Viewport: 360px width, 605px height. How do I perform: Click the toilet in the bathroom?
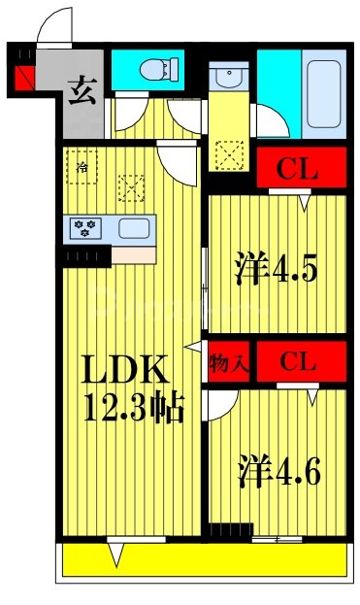tap(155, 68)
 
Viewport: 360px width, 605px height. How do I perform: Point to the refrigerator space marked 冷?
tap(82, 165)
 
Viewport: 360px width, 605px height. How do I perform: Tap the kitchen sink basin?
tap(134, 229)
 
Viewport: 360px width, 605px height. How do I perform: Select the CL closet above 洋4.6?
tap(299, 362)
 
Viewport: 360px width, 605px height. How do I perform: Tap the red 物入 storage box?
tap(227, 362)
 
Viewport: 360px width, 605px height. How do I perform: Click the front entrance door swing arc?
tap(55, 24)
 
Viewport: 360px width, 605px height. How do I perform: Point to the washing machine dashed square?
tap(231, 154)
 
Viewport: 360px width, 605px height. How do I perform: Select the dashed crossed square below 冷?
tap(129, 185)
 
